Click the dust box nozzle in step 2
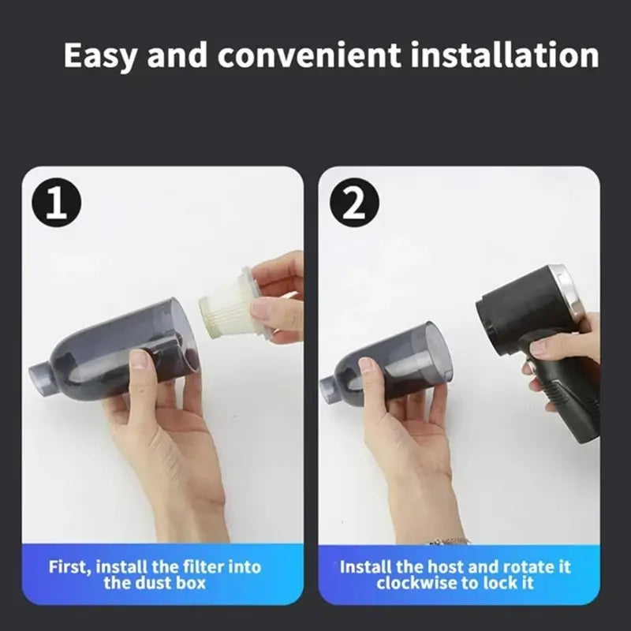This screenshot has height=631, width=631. coord(330,386)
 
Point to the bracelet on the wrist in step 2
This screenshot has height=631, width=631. coord(450,541)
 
